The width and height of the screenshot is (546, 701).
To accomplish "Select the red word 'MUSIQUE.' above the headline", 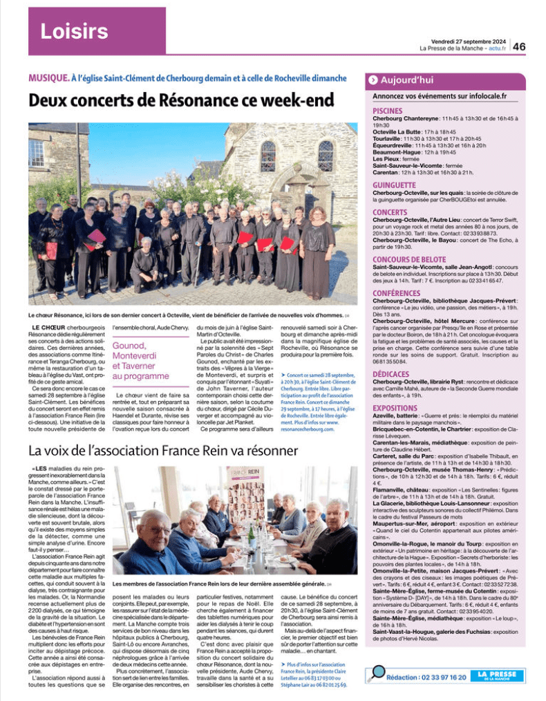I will tap(48, 78).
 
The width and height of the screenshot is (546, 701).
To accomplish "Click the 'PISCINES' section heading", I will tap(388, 111).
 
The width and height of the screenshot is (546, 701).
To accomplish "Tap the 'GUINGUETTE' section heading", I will tap(394, 185).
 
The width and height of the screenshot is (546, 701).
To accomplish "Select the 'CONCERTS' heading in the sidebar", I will tap(390, 212).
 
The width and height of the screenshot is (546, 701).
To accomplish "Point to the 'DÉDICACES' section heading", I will tap(392, 373).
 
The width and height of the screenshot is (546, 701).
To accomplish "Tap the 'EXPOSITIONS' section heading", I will tap(395, 408).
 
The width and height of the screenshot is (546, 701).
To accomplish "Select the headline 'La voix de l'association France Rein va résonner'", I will tap(163, 451).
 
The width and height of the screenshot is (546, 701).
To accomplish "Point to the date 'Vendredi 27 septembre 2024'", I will tap(468, 41).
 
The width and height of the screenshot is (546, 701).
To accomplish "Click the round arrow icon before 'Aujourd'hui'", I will tap(373, 80).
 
